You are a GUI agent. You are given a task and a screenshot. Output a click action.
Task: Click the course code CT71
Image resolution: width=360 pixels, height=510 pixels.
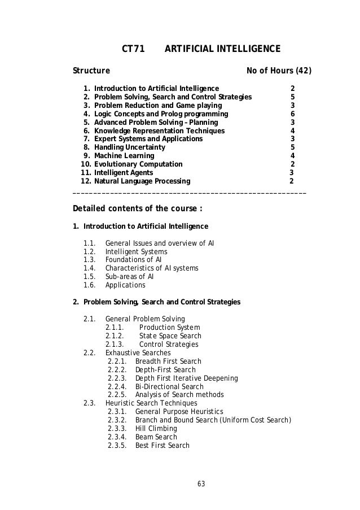click(134, 50)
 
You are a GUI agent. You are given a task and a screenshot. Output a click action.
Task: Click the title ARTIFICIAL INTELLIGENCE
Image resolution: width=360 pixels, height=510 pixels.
click(222, 50)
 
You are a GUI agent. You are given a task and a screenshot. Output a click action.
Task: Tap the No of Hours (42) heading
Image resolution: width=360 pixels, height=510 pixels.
click(279, 71)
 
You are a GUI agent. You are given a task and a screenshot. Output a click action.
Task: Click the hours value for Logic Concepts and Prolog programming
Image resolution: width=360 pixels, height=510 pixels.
click(292, 114)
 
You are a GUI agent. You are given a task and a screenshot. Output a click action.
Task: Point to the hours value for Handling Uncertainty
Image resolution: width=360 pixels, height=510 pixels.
click(292, 147)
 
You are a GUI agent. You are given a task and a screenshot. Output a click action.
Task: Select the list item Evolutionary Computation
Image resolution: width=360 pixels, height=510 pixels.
click(138, 164)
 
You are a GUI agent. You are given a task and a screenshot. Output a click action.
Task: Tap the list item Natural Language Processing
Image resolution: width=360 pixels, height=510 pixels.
click(142, 181)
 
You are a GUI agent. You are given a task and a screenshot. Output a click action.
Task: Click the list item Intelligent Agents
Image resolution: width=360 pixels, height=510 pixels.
click(123, 173)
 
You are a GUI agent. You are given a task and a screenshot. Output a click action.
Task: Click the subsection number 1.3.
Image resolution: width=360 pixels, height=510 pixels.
click(89, 260)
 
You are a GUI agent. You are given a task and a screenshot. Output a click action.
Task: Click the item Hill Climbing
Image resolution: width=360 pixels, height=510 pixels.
click(156, 429)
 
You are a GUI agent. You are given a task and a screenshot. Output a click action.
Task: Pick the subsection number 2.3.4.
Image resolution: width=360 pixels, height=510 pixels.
click(116, 437)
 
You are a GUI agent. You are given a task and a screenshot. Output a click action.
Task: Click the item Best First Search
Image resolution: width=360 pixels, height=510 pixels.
click(162, 446)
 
